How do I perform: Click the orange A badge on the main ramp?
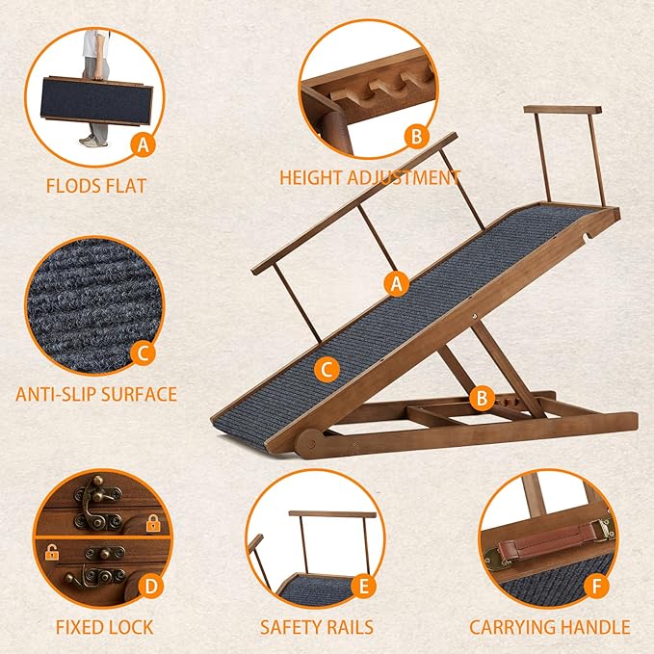tap(393, 283)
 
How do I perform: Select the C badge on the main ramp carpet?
tap(327, 367)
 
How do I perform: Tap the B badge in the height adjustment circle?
tap(415, 136)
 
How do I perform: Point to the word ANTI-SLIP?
tap(57, 393)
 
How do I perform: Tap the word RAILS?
tap(348, 627)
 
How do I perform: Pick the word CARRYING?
tap(511, 627)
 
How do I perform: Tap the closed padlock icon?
tap(152, 523)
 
